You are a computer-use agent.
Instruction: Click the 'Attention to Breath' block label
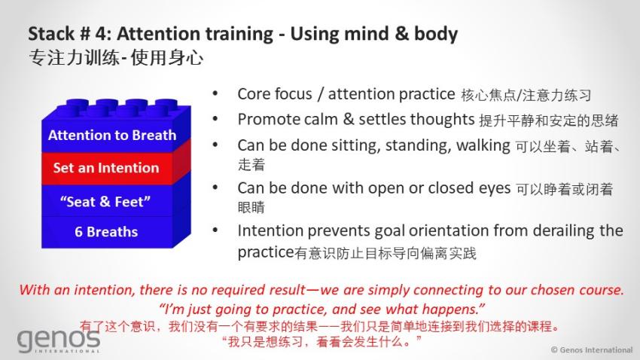pyautogui.click(x=112, y=135)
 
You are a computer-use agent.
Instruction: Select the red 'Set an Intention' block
pyautogui.click(x=116, y=168)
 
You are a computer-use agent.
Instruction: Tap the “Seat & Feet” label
pyautogui.click(x=105, y=201)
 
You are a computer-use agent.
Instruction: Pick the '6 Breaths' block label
pyautogui.click(x=106, y=231)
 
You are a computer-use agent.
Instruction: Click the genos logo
pyautogui.click(x=59, y=340)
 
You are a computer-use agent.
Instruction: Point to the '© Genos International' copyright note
pyautogui.click(x=591, y=349)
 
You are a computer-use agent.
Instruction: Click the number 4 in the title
pyautogui.click(x=100, y=34)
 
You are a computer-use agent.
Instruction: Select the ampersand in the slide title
pyautogui.click(x=401, y=33)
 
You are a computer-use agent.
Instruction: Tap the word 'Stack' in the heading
pyautogui.click(x=51, y=33)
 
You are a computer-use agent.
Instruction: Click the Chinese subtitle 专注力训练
pyautogui.click(x=74, y=57)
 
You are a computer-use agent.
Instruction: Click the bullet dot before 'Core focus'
pyautogui.click(x=215, y=94)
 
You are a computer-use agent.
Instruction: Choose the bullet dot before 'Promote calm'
pyautogui.click(x=215, y=119)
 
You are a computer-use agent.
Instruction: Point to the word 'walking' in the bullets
pyautogui.click(x=483, y=145)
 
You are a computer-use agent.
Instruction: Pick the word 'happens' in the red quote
pyautogui.click(x=452, y=310)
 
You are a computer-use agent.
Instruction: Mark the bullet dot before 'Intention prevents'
pyautogui.click(x=215, y=230)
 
